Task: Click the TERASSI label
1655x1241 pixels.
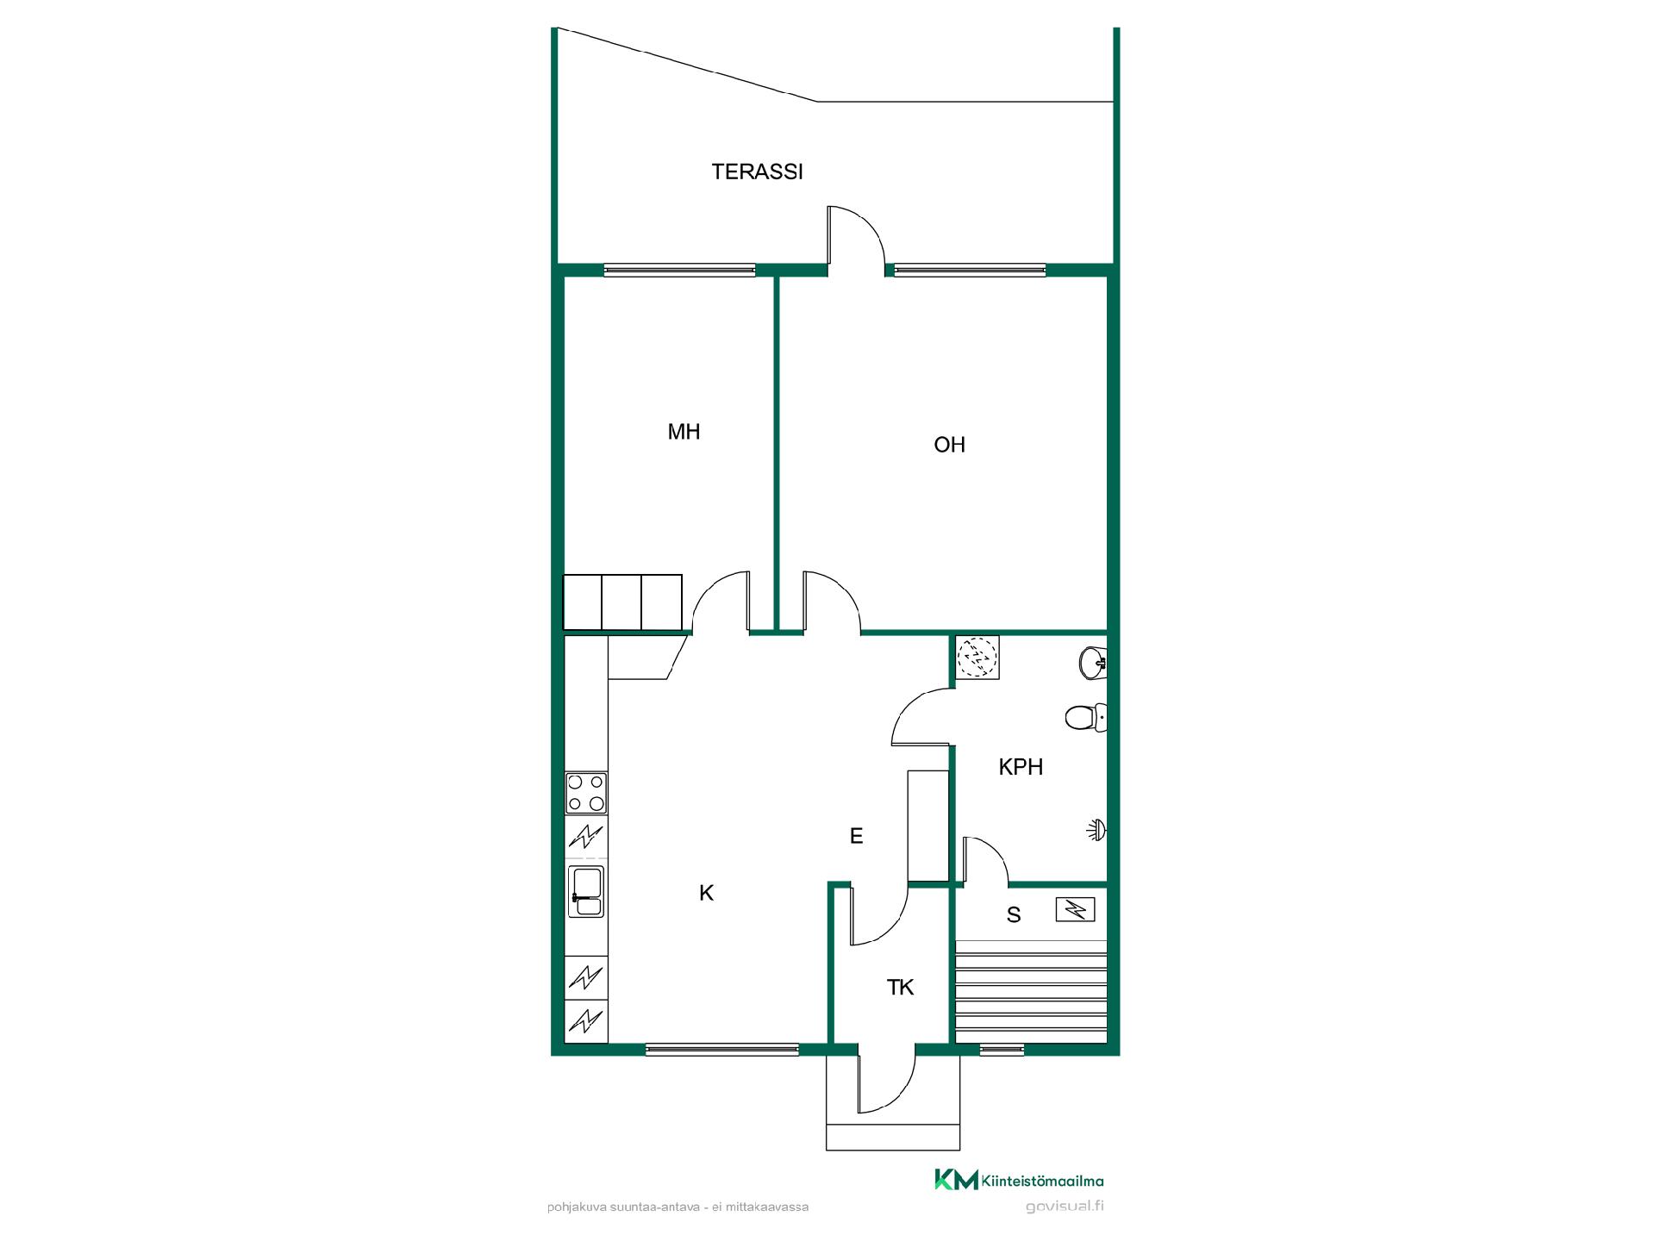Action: [x=757, y=171]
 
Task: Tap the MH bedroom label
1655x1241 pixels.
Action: [x=684, y=432]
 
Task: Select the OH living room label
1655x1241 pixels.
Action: [x=949, y=445]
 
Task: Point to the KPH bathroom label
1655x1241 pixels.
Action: [x=1021, y=767]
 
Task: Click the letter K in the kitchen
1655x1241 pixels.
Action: [x=706, y=894]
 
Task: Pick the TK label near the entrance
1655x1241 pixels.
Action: [x=900, y=988]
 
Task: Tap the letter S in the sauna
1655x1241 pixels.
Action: [x=1014, y=915]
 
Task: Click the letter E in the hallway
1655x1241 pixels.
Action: [x=856, y=836]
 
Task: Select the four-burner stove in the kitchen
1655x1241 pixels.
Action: [x=586, y=793]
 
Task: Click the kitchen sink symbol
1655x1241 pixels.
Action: [x=586, y=892]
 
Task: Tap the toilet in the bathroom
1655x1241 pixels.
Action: [x=1086, y=717]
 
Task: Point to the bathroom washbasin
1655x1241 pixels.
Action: [x=1093, y=663]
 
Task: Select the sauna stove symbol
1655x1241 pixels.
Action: [x=1076, y=909]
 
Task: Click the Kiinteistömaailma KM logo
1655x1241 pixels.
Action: [x=1019, y=1180]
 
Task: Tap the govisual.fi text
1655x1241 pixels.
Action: [x=1065, y=1206]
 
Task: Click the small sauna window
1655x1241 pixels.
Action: [x=1002, y=1049]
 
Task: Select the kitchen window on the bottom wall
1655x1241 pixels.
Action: [x=722, y=1049]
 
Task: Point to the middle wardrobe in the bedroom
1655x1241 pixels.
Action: [x=621, y=602]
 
